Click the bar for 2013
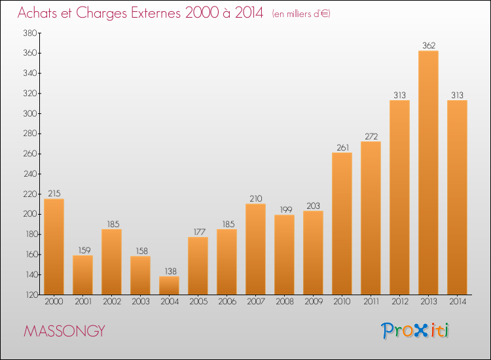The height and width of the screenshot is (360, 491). [428, 173]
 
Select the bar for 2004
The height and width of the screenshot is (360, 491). [169, 285]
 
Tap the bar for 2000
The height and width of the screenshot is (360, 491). [54, 247]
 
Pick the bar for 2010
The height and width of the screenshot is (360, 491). [342, 223]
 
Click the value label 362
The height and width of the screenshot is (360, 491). [429, 45]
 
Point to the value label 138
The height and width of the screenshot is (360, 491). [171, 271]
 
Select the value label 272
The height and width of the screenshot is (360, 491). [371, 137]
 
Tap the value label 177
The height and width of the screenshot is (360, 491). [200, 232]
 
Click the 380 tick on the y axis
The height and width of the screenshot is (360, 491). [30, 33]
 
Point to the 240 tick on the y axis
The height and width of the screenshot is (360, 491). [30, 173]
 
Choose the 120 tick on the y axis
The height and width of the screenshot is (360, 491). [31, 295]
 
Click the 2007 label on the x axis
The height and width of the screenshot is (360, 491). [256, 302]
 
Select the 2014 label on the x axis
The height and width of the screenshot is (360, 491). [458, 302]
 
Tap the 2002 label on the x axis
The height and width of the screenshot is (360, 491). [112, 302]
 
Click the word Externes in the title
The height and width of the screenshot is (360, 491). [156, 13]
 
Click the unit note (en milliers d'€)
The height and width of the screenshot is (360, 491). [301, 14]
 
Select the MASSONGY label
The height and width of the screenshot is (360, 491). [65, 331]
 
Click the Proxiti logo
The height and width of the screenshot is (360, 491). [415, 331]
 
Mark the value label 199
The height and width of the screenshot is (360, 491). [286, 209]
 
